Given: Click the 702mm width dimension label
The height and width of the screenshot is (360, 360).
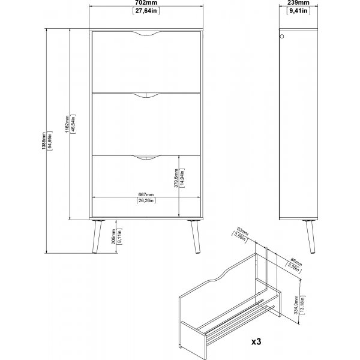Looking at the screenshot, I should point(146,3).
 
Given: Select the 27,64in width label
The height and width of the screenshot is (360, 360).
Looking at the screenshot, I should point(146,11).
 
